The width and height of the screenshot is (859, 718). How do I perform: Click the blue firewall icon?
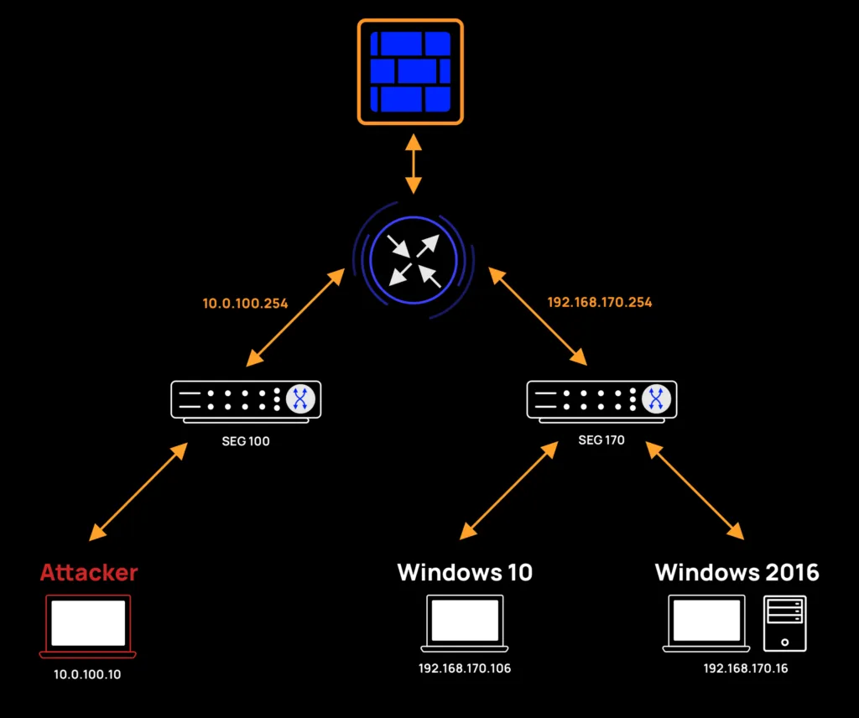click(410, 71)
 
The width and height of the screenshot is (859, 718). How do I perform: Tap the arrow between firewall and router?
click(411, 163)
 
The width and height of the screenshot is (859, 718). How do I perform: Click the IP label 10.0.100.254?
click(245, 303)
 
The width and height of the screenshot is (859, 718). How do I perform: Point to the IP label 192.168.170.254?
click(599, 302)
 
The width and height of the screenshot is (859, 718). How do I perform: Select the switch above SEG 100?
click(245, 399)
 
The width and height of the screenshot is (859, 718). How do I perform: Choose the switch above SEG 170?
click(601, 399)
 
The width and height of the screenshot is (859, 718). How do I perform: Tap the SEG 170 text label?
click(601, 440)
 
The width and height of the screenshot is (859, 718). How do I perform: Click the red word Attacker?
click(89, 573)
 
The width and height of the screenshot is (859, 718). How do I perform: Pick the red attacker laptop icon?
click(88, 626)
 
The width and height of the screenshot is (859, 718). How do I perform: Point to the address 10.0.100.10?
click(87, 674)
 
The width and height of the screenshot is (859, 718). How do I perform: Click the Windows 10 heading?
click(465, 573)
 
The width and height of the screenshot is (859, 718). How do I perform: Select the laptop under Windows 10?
click(465, 622)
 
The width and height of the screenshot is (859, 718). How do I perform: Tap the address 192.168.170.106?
click(465, 669)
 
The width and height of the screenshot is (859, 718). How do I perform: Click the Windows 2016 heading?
click(737, 573)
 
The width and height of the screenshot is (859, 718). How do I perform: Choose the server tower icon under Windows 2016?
click(784, 623)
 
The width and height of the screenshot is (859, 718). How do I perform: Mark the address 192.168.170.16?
click(746, 669)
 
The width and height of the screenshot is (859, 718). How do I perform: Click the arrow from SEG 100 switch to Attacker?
click(138, 492)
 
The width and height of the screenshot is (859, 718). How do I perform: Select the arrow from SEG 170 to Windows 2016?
click(695, 492)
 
